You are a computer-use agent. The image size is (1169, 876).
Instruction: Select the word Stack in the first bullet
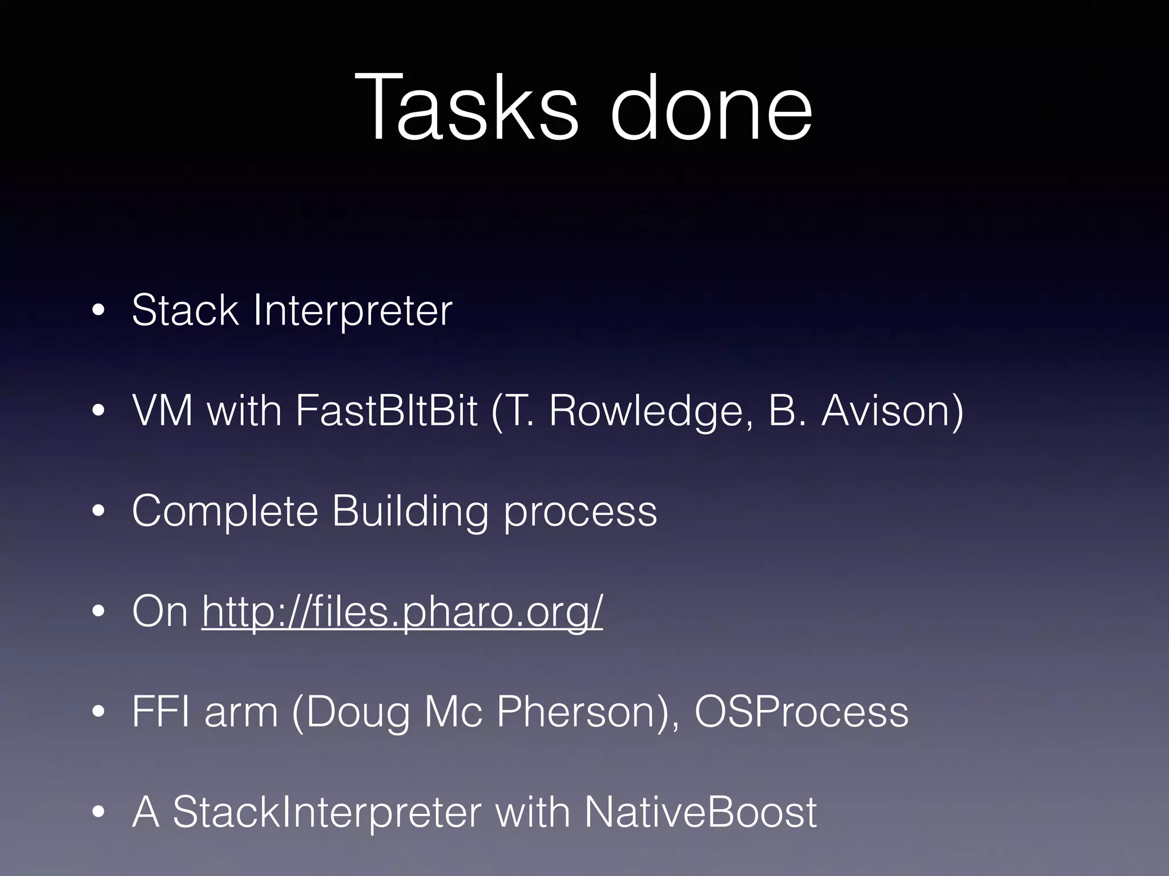click(184, 310)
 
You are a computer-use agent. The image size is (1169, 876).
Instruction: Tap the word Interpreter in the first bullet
click(352, 311)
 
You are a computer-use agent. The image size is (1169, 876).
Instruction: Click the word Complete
click(225, 512)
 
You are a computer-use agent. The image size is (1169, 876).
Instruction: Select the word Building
click(410, 512)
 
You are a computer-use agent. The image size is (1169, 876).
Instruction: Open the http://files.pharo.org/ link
click(402, 612)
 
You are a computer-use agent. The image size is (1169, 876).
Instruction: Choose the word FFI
click(161, 712)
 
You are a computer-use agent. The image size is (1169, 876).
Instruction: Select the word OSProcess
click(801, 712)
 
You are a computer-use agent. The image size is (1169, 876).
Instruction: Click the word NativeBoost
click(700, 812)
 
